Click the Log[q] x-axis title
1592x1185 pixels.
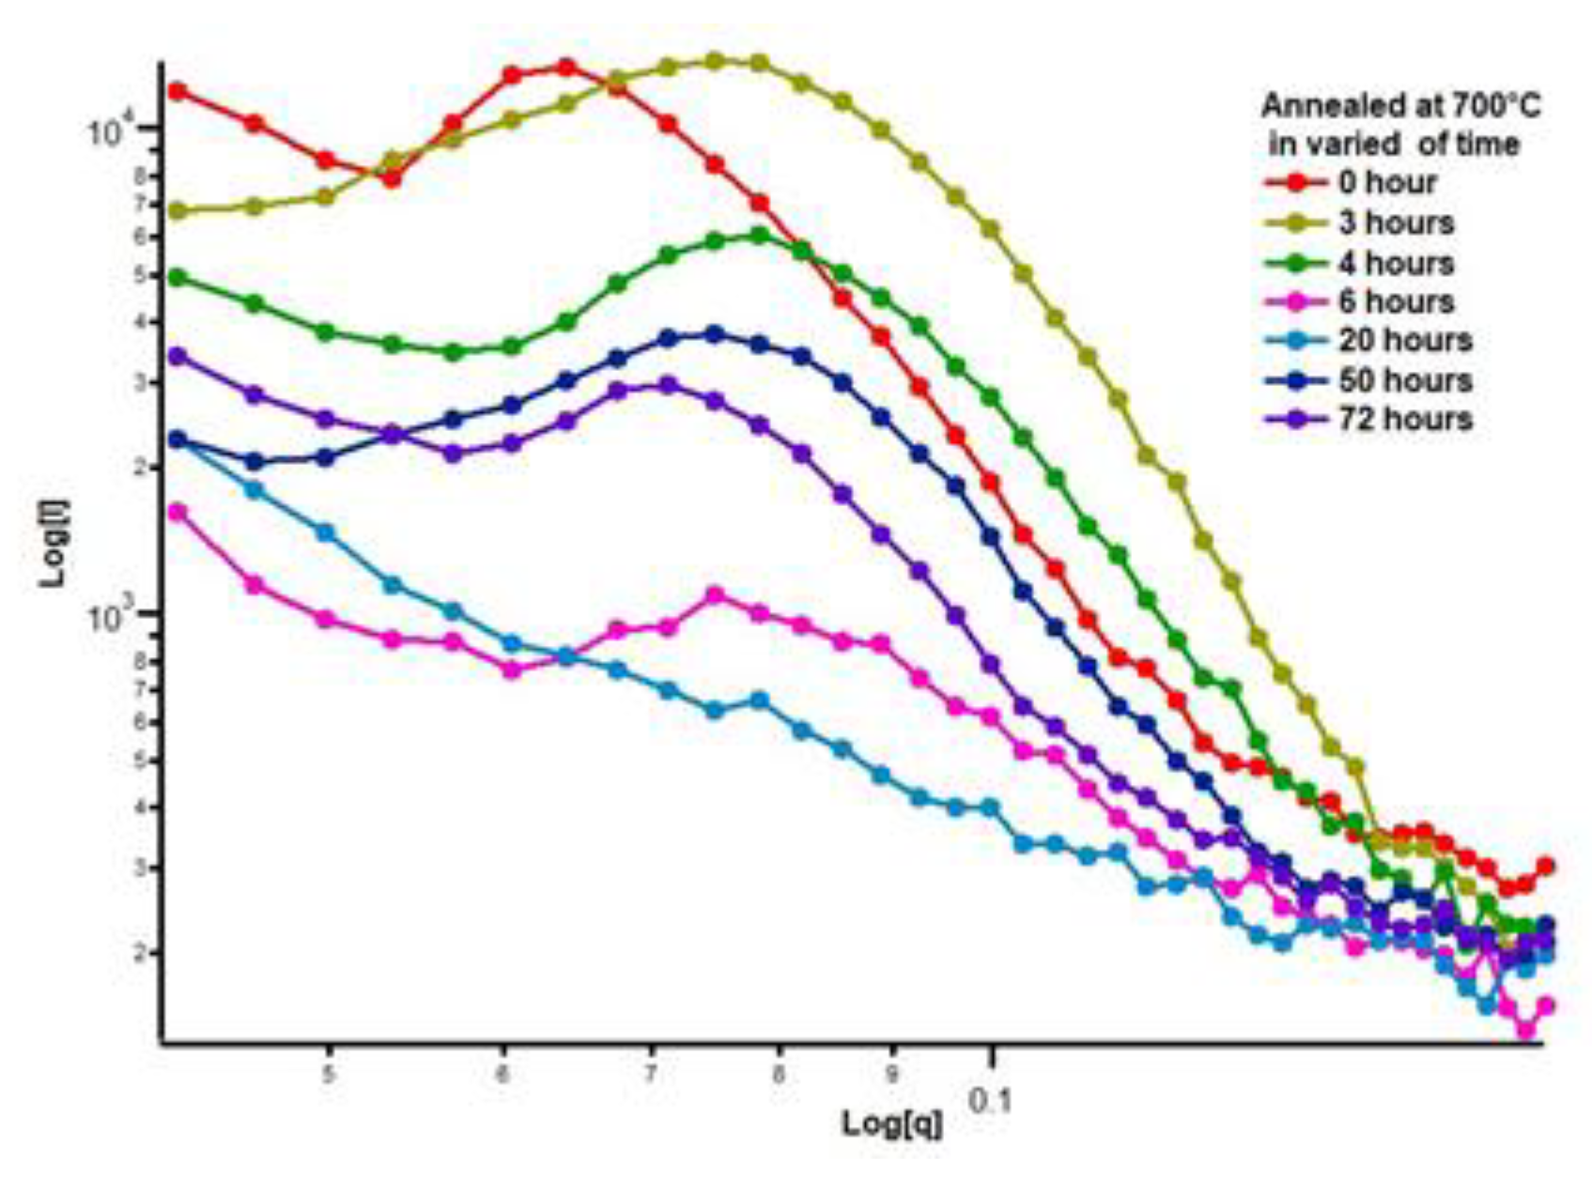(x=891, y=1123)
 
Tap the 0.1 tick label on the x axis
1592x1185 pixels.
(x=990, y=1099)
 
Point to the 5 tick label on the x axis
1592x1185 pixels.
(x=329, y=1074)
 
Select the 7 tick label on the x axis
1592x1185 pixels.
(x=651, y=1074)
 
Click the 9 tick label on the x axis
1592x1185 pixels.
(x=893, y=1074)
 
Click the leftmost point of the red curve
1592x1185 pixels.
(x=177, y=91)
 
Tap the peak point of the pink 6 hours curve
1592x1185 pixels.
(x=715, y=595)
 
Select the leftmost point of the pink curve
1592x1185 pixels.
(x=177, y=512)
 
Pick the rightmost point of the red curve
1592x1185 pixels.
(x=1544, y=866)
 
